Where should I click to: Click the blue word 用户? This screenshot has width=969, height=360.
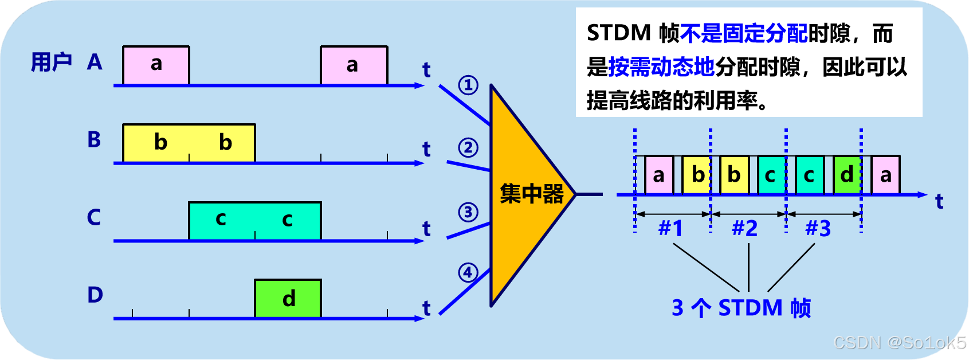(52, 62)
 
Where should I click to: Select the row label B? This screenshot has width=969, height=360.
(94, 139)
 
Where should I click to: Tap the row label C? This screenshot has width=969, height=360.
(94, 217)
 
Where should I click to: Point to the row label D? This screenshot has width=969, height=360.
(95, 295)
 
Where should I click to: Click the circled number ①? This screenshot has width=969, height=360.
(468, 85)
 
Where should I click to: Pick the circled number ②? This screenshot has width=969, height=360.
(468, 148)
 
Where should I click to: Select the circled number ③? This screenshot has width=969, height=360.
(468, 212)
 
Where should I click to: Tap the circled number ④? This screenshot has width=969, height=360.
(468, 272)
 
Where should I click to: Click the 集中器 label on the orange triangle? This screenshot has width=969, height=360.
(531, 194)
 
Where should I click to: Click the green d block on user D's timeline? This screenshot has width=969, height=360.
(288, 298)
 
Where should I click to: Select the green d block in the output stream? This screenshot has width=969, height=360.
(847, 175)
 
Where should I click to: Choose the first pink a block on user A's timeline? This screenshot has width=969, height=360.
(156, 65)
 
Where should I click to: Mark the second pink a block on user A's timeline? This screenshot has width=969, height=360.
(354, 65)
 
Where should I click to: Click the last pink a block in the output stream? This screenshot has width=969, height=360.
(885, 175)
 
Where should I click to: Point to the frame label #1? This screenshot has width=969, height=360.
(670, 229)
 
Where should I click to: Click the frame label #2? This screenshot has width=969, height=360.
(744, 229)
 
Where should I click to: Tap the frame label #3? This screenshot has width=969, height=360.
(818, 229)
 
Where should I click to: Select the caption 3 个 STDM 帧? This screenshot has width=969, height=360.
(741, 308)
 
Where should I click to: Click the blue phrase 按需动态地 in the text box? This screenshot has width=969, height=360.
(661, 67)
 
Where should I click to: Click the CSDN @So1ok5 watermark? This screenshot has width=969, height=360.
(899, 342)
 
